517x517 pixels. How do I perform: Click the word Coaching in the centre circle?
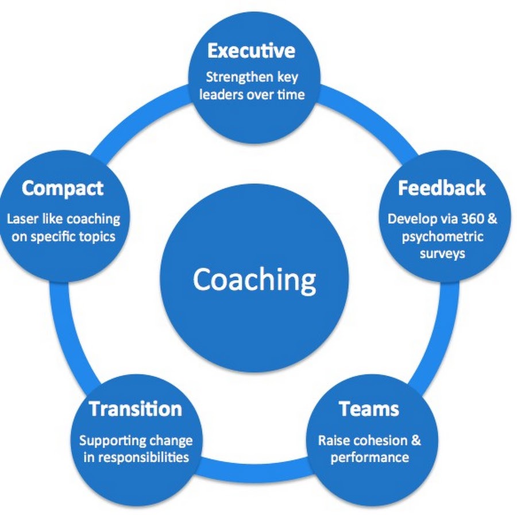pos(254,280)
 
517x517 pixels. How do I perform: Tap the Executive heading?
pos(251,51)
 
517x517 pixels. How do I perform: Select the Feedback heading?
pos(442,188)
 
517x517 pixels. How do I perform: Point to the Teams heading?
pos(369,409)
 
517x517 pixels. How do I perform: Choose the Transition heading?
pos(136,409)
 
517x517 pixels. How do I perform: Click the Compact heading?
pos(63,188)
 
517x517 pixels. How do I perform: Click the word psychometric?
pos(442,237)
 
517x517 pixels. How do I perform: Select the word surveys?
pos(442,254)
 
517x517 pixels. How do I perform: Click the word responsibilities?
pos(145,458)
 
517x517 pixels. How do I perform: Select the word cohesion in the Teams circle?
pos(376,441)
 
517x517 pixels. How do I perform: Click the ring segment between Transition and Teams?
pos(254,471)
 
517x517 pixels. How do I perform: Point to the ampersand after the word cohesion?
pos(416,441)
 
